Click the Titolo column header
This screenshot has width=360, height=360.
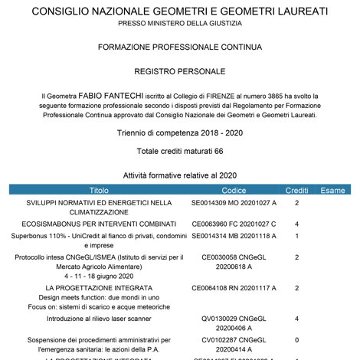point(99,190)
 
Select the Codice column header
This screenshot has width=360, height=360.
point(234,190)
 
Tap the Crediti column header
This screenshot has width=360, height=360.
point(296,190)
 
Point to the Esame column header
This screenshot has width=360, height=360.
point(332,190)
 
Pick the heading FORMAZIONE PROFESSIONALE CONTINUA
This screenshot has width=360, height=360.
point(180,47)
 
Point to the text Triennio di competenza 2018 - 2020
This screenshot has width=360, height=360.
point(180,133)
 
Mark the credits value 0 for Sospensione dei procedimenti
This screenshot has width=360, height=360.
point(296,338)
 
